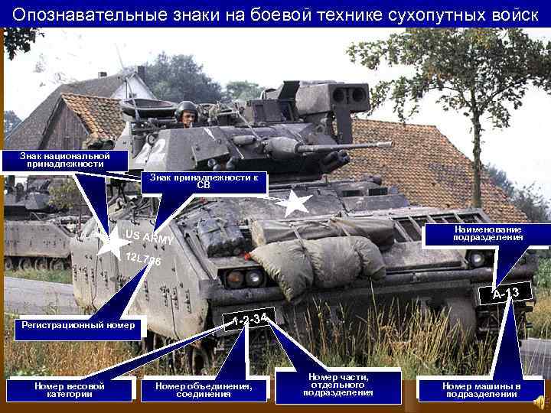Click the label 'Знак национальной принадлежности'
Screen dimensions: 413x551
click(64, 159)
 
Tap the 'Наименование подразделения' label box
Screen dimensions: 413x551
click(487, 233)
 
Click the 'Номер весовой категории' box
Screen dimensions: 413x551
click(70, 390)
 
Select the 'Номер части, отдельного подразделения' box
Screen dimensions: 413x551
click(337, 385)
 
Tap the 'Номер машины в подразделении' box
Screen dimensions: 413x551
click(482, 390)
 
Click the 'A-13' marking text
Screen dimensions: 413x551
click(505, 293)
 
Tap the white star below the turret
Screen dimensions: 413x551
click(295, 203)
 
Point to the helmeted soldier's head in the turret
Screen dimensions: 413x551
click(186, 112)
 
